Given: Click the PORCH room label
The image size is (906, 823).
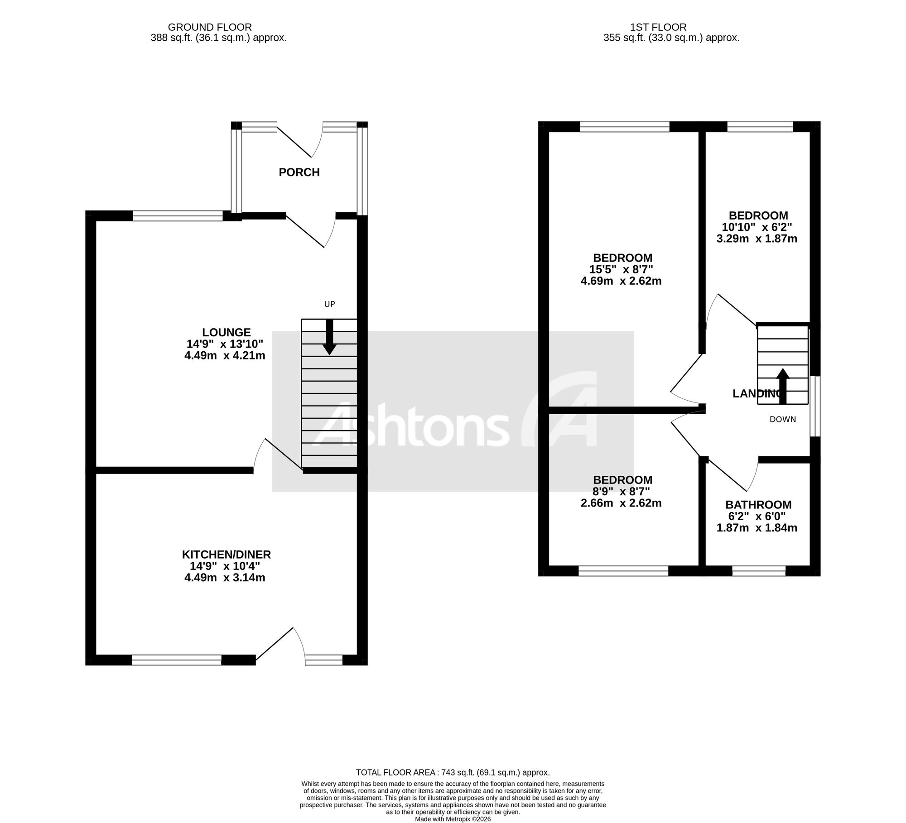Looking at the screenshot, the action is point(299,172).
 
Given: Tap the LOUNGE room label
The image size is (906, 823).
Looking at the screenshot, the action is point(226,332).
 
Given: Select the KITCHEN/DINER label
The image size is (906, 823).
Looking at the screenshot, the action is point(226,555).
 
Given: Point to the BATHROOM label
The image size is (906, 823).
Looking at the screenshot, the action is point(758,505).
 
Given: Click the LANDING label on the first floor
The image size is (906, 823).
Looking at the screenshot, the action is point(758,394).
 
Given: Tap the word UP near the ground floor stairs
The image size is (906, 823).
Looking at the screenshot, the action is point(329,304).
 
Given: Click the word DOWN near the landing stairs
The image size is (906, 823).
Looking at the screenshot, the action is point(783,419).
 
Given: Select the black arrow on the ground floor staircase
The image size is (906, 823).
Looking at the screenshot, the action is point(329,337).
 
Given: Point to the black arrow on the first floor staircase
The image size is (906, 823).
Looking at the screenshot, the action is point(783,386).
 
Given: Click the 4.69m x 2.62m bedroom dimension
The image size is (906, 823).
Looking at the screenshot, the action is point(621,281).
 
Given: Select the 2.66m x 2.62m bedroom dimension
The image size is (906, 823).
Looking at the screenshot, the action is point(621,503).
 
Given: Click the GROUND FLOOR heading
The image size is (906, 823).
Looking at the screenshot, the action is point(210,28).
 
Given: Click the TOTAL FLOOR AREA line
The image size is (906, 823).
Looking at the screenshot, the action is point(453,773).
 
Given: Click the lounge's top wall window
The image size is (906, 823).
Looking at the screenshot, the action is point(178,216).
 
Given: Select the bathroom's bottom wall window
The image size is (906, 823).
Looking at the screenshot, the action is point(759,571).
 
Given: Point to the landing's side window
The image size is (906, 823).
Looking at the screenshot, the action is point(815,406).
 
